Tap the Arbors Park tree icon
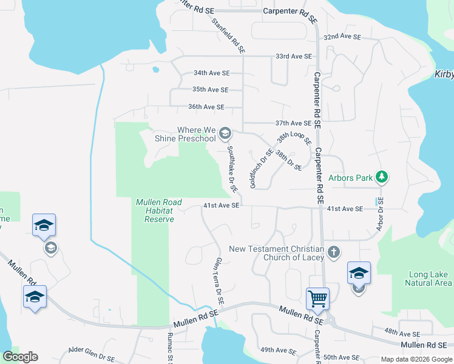pyautogui.click(x=381, y=177)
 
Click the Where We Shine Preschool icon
pyautogui.click(x=225, y=133)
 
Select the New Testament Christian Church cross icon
pyautogui.click(x=333, y=251)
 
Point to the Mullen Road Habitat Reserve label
pyautogui.click(x=154, y=211)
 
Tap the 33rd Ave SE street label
pyautogui.click(x=293, y=56)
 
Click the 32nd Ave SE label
pyautogui.click(x=342, y=37)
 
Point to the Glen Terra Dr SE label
pyautogui.click(x=219, y=280)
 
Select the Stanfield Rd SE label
pyautogui.click(x=228, y=35)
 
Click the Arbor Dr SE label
pyautogui.click(x=381, y=214)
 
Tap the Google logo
pyautogui.click(x=20, y=357)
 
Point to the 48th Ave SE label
pyautogui.click(x=402, y=334)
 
